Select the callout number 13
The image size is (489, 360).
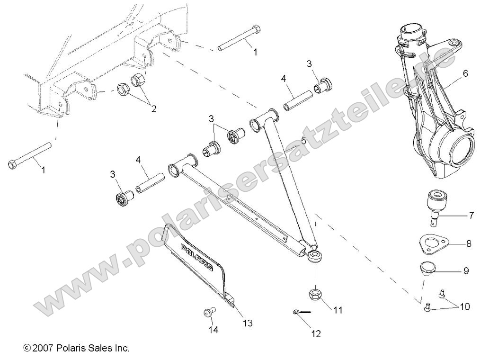[247, 323]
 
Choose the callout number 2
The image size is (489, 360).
[153, 108]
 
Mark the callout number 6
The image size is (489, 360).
[465, 73]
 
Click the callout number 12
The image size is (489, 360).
[316, 334]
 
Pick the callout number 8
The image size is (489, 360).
[468, 244]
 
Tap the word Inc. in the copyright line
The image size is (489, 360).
[121, 348]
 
